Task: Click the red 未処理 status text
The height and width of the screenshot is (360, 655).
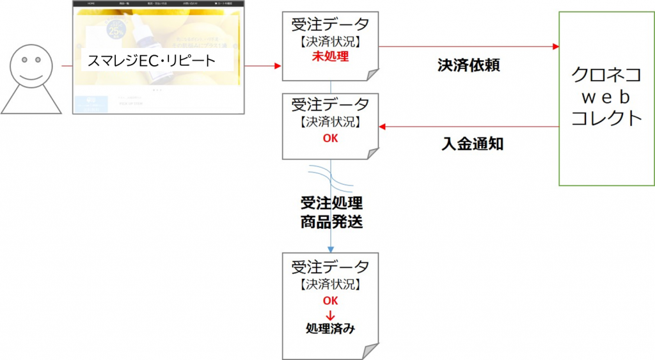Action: click(x=330, y=57)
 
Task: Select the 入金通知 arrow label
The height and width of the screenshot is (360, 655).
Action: click(x=472, y=145)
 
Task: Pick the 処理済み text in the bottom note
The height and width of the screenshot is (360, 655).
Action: click(x=330, y=329)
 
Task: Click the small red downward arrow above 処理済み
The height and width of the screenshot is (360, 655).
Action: click(x=330, y=315)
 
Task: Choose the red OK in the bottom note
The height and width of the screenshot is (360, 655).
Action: click(x=330, y=301)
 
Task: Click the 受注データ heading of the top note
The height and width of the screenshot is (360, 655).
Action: click(x=330, y=26)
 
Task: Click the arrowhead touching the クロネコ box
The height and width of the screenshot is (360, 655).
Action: click(x=555, y=47)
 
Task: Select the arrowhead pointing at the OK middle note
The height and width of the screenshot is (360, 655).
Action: click(x=383, y=126)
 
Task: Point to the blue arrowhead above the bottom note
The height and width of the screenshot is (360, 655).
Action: click(x=330, y=249)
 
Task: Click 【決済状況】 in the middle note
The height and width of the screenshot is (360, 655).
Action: click(x=330, y=121)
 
